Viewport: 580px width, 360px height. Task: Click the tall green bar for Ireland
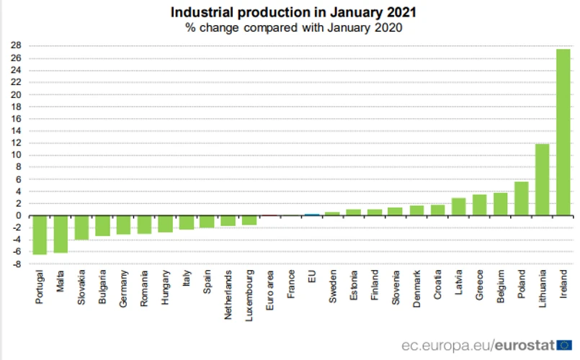pos(563,132)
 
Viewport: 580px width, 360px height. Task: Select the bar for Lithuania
pos(543,180)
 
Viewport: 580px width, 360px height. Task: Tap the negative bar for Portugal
pos(39,235)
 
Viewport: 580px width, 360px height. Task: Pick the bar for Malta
pos(60,234)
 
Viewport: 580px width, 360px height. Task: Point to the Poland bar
pos(521,199)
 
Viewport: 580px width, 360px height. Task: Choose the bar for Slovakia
pos(81,228)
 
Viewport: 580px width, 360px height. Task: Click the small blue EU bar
pos(312,215)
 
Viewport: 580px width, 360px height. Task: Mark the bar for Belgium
pos(500,204)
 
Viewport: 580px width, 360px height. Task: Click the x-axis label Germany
pos(124,288)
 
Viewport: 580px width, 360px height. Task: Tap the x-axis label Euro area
pos(270,289)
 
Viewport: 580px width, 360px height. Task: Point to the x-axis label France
pos(291,285)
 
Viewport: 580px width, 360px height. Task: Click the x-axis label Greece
pos(479,285)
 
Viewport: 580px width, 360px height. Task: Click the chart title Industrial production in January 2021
pos(293,12)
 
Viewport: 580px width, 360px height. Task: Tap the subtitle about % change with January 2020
pos(293,28)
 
